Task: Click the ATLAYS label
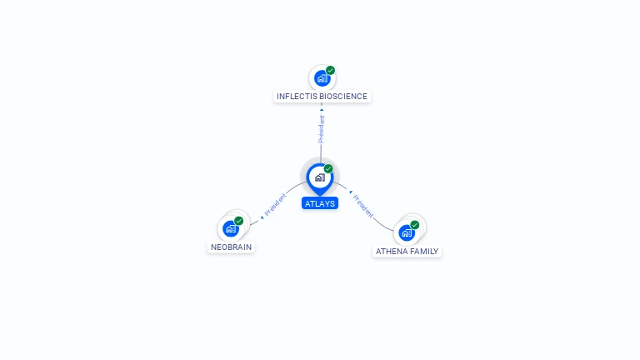pos(320,202)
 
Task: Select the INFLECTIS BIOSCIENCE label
pos(322,97)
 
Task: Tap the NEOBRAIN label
pos(231,247)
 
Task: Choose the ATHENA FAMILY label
pos(407,251)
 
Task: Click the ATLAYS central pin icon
pos(319,177)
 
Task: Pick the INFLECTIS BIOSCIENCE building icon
pos(322,79)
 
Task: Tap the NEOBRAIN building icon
pos(231,229)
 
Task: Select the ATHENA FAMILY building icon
pos(407,232)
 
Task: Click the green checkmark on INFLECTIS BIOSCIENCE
pos(331,71)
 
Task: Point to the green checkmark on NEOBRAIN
pos(239,221)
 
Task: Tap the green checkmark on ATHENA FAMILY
pos(415,225)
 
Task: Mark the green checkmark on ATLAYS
pos(328,169)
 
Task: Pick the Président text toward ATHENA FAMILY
pos(363,204)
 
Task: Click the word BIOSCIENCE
pos(341,97)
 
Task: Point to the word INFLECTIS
pos(295,97)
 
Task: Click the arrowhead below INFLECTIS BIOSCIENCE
pos(322,109)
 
